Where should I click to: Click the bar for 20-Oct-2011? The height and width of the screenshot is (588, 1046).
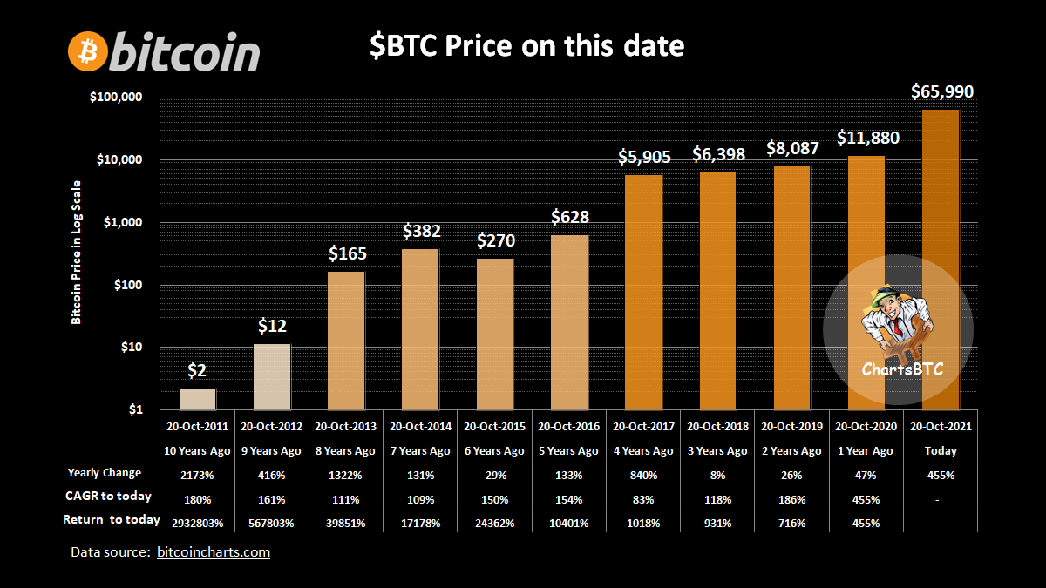[198, 399]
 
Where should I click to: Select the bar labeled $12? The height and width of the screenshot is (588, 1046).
[272, 376]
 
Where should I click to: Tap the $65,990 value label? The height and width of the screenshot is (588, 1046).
[942, 91]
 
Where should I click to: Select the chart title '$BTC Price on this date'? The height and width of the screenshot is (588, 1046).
[526, 46]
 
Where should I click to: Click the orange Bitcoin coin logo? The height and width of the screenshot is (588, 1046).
[87, 52]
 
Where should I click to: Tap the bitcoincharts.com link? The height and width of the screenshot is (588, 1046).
[214, 552]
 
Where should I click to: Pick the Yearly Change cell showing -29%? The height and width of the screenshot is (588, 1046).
[494, 475]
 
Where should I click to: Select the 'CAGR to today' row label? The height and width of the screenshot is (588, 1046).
[110, 497]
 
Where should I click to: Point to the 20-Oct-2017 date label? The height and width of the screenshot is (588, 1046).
[642, 427]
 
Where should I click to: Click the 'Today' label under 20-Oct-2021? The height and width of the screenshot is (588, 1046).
[941, 451]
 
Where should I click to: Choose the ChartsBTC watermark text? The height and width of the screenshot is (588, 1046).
[891, 369]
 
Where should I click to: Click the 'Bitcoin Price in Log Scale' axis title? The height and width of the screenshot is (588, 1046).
[77, 253]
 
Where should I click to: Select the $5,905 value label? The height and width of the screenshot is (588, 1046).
[644, 157]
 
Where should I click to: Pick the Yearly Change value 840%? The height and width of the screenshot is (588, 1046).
[642, 475]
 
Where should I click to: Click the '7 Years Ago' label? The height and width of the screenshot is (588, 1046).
[420, 451]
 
